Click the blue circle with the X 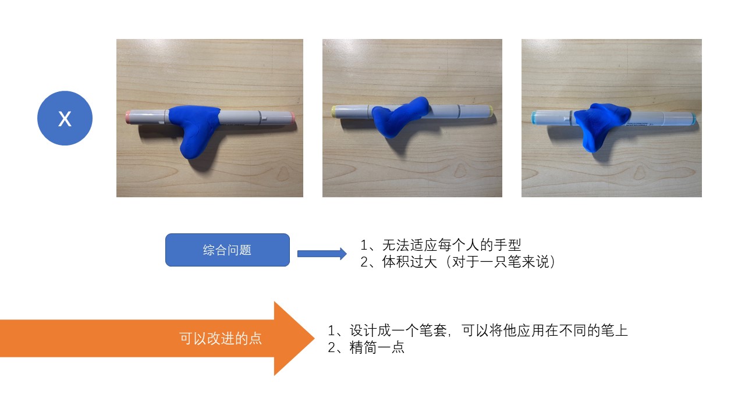[x=65, y=118]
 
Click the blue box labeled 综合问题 [x=227, y=250]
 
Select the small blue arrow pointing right [x=322, y=253]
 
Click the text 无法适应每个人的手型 [x=447, y=245]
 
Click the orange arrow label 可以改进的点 [x=220, y=339]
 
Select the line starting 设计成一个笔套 [x=477, y=331]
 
